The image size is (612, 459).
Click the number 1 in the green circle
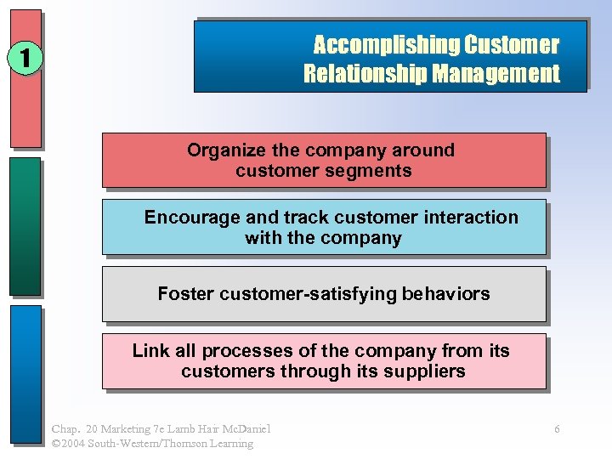click(25, 58)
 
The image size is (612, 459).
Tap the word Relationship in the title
click(365, 74)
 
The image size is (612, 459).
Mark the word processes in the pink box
click(245, 351)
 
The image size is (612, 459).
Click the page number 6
click(557, 429)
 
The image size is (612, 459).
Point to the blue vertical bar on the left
click(25, 374)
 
